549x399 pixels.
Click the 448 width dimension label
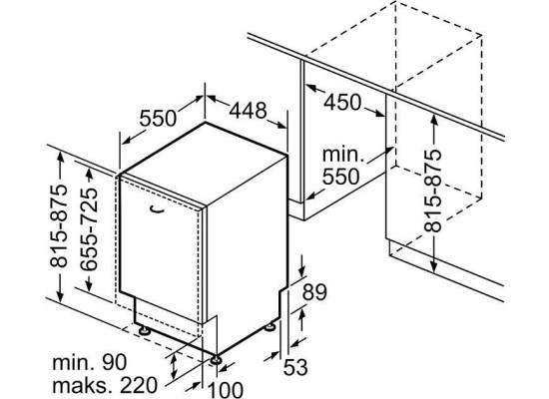click(248, 111)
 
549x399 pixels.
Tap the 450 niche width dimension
click(342, 102)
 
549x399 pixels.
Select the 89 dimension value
click(314, 292)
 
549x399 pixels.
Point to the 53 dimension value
click(295, 367)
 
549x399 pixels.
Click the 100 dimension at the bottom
click(226, 390)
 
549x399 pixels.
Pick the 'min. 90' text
click(90, 363)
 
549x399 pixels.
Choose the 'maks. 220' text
click(105, 385)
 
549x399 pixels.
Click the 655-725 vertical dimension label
click(88, 229)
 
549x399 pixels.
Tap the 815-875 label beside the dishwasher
click(59, 225)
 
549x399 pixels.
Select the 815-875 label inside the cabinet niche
click(433, 191)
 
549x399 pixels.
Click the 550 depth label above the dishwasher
click(158, 118)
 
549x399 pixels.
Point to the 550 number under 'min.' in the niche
click(340, 177)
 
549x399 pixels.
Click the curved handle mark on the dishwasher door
click(156, 209)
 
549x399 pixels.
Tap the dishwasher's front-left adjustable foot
click(145, 330)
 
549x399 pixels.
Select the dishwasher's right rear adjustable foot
click(270, 327)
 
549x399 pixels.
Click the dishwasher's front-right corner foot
click(215, 360)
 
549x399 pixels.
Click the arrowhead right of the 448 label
click(281, 126)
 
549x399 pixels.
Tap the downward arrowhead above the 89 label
click(302, 271)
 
